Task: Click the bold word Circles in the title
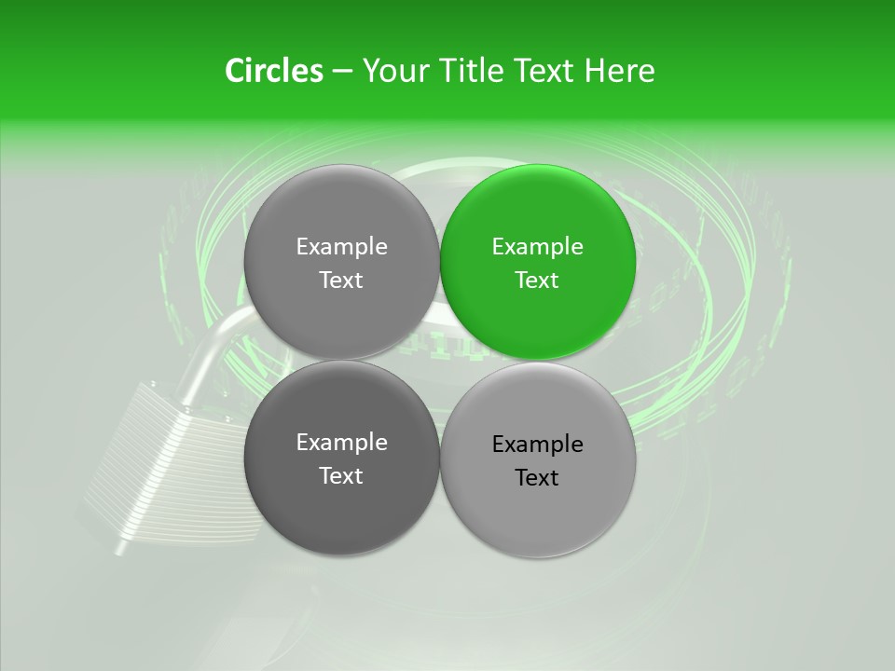point(273,71)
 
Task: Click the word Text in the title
point(544,71)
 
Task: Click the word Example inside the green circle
point(537,247)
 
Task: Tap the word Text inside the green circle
point(537,281)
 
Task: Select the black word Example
point(537,445)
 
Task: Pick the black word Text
point(537,478)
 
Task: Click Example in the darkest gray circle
point(341,443)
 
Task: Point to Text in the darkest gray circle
point(341,476)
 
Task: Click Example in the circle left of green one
point(341,247)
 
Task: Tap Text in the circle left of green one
point(341,281)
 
